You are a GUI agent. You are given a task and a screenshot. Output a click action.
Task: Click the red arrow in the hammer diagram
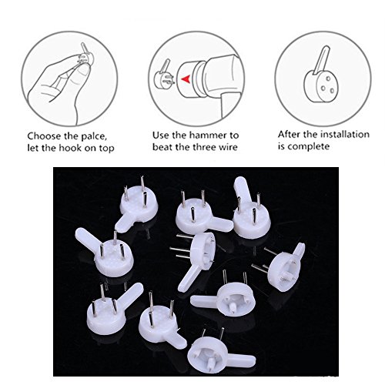click(x=185, y=79)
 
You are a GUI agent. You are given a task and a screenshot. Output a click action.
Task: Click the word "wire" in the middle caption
click(x=228, y=147)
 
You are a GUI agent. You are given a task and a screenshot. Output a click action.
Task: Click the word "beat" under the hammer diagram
click(x=162, y=147)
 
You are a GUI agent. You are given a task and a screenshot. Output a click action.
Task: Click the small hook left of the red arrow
click(x=164, y=75)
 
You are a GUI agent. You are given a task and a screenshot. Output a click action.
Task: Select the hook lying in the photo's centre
click(x=196, y=259)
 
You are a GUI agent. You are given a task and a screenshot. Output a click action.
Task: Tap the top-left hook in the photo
click(x=136, y=206)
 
